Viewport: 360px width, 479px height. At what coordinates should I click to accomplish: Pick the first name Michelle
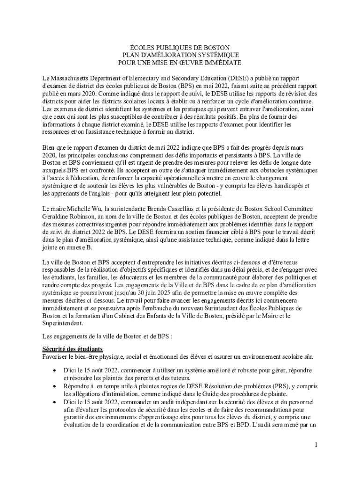click(x=82, y=208)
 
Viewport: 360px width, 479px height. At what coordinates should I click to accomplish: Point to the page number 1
click(x=316, y=444)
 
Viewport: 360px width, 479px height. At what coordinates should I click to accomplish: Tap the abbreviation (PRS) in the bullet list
click(x=277, y=386)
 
